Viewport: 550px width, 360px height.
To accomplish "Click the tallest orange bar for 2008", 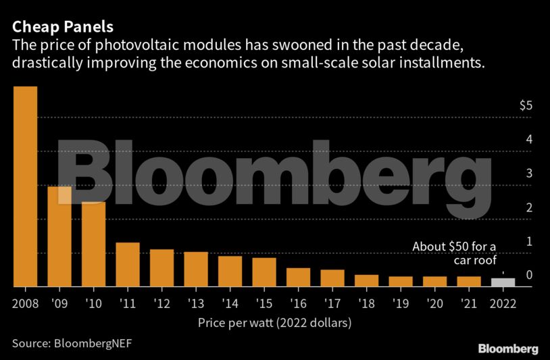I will point(25,186).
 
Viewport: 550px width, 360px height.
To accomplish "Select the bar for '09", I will point(59,236).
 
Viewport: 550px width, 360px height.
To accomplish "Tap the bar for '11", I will point(128,265).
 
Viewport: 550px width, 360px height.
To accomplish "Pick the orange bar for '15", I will point(264,272).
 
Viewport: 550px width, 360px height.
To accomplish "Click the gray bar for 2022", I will point(503,282).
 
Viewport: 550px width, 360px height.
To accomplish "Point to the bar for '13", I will point(196,269).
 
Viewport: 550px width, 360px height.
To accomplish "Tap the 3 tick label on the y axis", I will point(530,173).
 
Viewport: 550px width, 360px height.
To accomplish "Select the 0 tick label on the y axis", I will point(530,274).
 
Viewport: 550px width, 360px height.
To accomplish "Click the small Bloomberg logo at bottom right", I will point(508,349).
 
